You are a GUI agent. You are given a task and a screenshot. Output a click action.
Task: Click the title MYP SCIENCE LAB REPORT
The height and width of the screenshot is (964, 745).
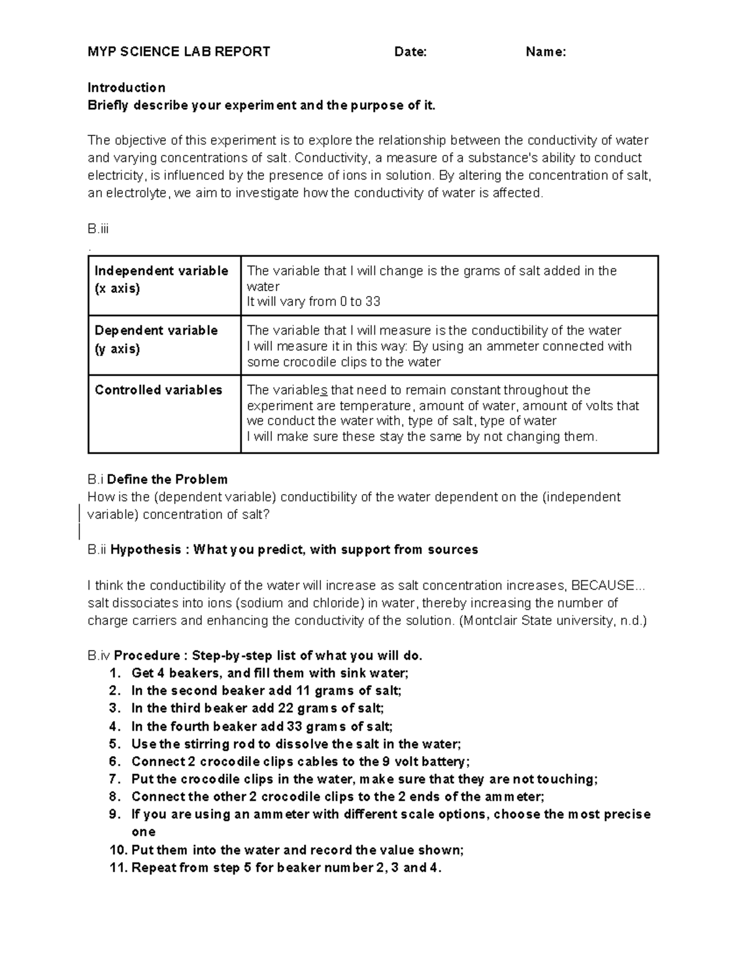pos(179,52)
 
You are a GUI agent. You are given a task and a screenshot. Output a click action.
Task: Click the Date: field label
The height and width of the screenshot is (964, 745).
pos(410,52)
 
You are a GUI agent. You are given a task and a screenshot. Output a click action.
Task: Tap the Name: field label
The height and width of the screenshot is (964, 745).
pos(546,52)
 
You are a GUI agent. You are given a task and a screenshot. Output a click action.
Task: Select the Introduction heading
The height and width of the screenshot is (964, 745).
pos(126,88)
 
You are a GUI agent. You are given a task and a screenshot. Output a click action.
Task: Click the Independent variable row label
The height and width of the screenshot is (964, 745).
pos(161,271)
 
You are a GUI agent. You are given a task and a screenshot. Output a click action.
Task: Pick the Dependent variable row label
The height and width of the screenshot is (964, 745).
pos(156,331)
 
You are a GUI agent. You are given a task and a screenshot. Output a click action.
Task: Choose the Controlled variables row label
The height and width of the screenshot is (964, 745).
pos(158,390)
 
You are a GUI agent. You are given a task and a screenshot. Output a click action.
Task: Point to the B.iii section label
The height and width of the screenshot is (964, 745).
pos(98,229)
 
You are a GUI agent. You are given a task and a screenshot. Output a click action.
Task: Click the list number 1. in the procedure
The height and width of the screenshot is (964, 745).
pos(115,673)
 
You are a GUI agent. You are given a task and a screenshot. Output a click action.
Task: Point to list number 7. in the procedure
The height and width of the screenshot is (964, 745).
pos(115,780)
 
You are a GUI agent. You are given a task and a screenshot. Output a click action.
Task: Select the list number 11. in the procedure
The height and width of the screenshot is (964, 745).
pos(118,868)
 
